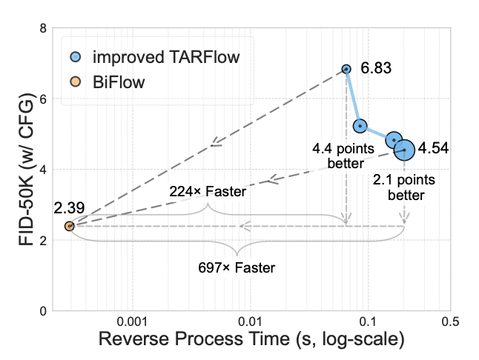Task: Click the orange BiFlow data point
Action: [x=69, y=226]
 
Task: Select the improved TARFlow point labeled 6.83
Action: [x=346, y=69]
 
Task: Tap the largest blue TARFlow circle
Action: [x=404, y=150]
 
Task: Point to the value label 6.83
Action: [x=376, y=69]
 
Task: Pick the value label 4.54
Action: [x=433, y=148]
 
